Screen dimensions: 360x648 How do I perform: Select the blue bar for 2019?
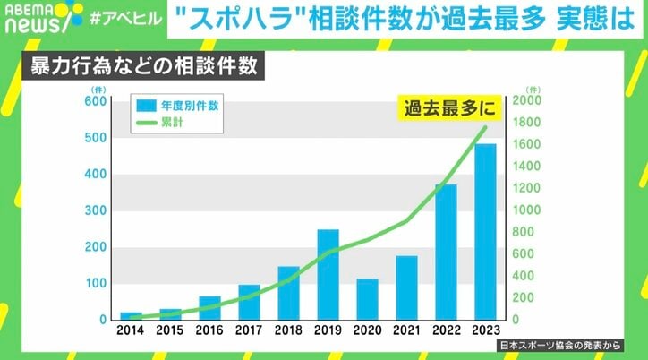(328, 274)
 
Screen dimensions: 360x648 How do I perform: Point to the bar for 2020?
(367, 299)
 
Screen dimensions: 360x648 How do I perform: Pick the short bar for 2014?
(131, 315)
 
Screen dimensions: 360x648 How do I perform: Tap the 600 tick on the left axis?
(94, 101)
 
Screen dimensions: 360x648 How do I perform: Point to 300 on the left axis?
(94, 210)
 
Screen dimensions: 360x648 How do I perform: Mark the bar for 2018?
(288, 293)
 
